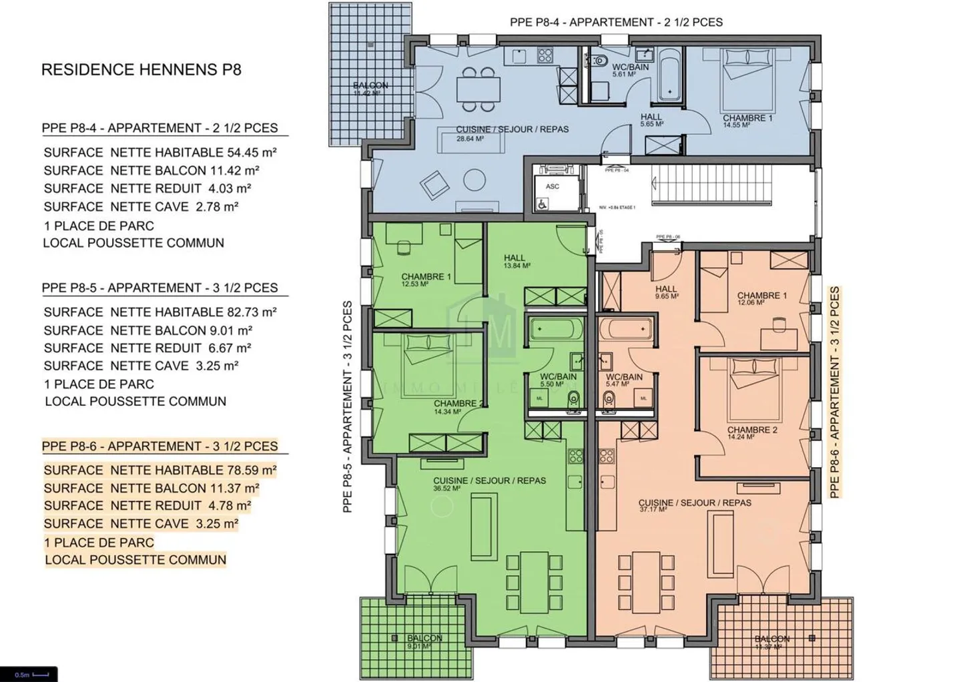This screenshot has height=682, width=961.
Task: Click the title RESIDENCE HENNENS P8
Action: point(141,69)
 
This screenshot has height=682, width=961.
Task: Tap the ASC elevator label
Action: point(553,187)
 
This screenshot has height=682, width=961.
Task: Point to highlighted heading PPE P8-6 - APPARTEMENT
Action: point(159,446)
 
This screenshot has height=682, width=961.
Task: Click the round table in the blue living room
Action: point(475,180)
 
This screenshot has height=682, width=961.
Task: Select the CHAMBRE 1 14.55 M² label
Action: point(747,121)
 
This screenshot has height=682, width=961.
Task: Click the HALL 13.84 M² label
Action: point(515,261)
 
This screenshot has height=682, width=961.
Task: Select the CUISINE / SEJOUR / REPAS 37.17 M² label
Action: point(694,505)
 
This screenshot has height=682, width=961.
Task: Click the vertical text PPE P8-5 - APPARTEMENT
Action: point(348,407)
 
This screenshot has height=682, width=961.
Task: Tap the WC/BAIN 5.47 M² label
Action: point(623,380)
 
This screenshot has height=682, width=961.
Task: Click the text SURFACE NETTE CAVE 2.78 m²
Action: point(141,207)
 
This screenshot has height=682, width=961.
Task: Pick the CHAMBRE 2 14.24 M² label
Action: point(751,433)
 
